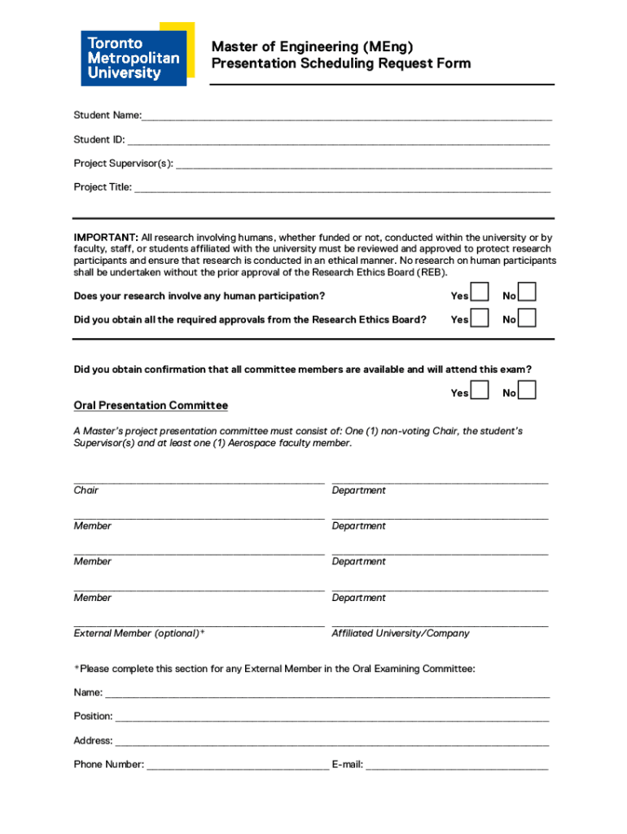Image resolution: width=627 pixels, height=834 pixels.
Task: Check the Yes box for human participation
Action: point(480,293)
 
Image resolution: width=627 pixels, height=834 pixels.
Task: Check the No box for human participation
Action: point(528,293)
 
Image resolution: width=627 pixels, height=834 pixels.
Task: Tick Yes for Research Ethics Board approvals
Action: point(480,318)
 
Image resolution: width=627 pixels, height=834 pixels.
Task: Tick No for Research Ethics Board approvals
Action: point(528,318)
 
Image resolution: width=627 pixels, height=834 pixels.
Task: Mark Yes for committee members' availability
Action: point(480,391)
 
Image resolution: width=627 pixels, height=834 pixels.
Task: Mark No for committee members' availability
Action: point(528,391)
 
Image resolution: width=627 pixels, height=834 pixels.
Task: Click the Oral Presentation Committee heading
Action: point(151,406)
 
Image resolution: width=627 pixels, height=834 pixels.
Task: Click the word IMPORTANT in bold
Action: point(106,237)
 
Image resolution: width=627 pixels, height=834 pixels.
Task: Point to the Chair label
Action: point(86,490)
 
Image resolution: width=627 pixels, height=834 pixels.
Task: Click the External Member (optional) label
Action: point(139,634)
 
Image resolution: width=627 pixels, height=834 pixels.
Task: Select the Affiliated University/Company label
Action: point(401,634)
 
